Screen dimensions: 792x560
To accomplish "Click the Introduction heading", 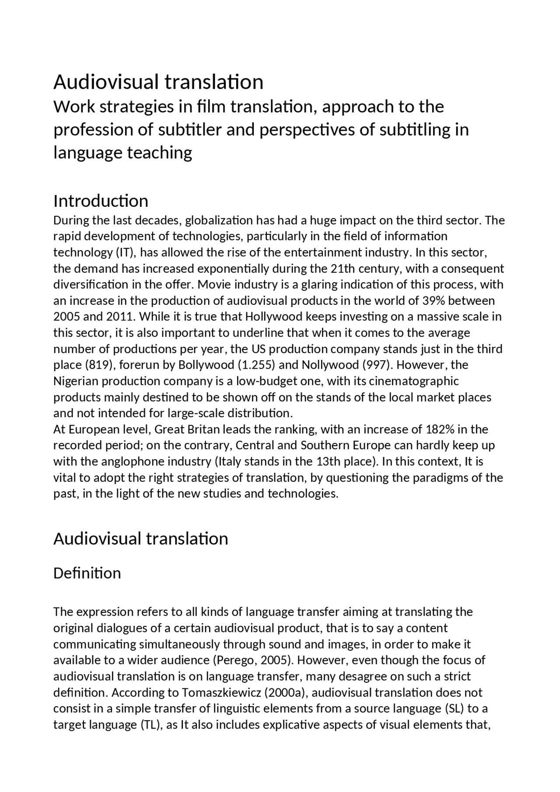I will [101, 201].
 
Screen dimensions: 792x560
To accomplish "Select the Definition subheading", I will [87, 573].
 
